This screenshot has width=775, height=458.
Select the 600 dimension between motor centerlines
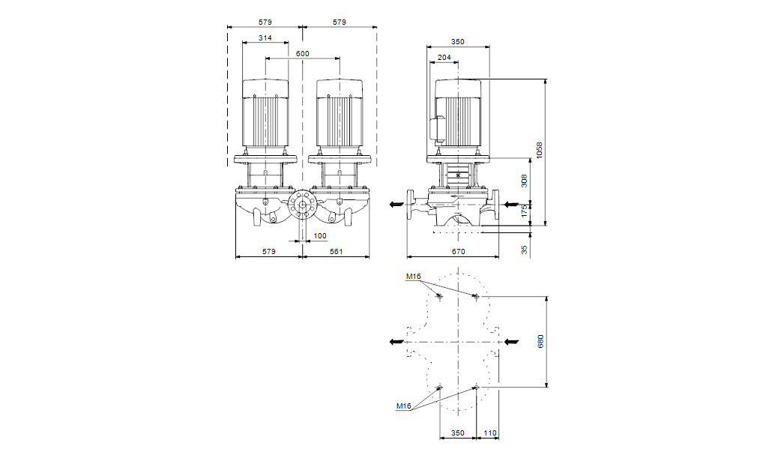(x=302, y=54)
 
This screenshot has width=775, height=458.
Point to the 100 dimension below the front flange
(x=320, y=236)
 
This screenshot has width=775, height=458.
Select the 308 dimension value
(x=525, y=181)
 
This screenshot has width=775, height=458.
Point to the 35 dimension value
(x=525, y=248)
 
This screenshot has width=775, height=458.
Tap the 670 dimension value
(x=459, y=251)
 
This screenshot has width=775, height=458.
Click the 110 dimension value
(x=489, y=433)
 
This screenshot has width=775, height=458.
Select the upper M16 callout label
(x=414, y=277)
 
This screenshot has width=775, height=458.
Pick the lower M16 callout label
(x=404, y=406)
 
